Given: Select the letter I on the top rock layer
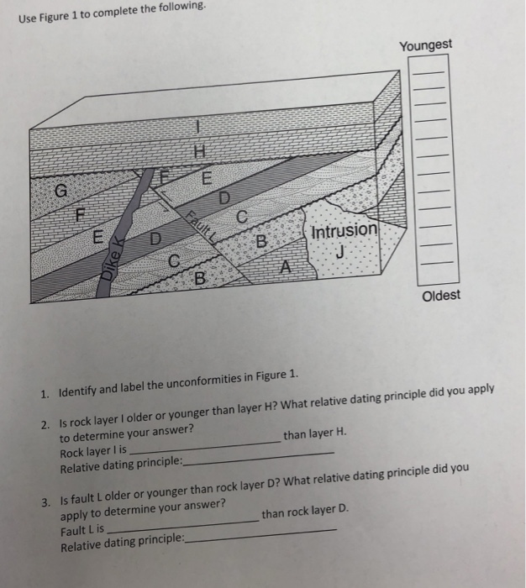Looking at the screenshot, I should [197, 127].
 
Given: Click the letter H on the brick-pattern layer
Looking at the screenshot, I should [199, 151].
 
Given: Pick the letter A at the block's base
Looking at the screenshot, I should [286, 268].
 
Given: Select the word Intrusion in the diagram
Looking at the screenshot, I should [345, 230].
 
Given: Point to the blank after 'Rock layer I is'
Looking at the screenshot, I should [202, 448].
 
